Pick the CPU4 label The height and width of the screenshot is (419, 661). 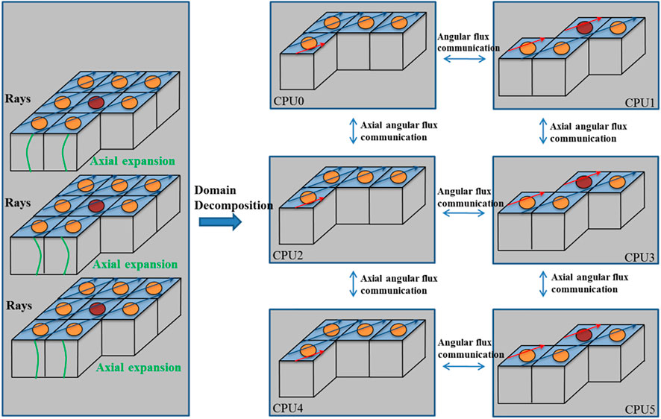pos(287,409)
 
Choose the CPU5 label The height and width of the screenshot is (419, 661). pos(638,409)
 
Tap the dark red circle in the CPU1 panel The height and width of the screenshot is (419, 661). pos(585,28)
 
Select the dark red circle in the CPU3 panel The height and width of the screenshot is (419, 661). pos(585,181)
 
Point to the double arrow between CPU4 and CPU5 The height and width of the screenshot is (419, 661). pos(469,365)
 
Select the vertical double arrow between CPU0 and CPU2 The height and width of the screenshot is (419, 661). pos(351,132)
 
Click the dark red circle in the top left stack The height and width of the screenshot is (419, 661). pos(95,103)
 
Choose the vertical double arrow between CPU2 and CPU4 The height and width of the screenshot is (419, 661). pos(351,284)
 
